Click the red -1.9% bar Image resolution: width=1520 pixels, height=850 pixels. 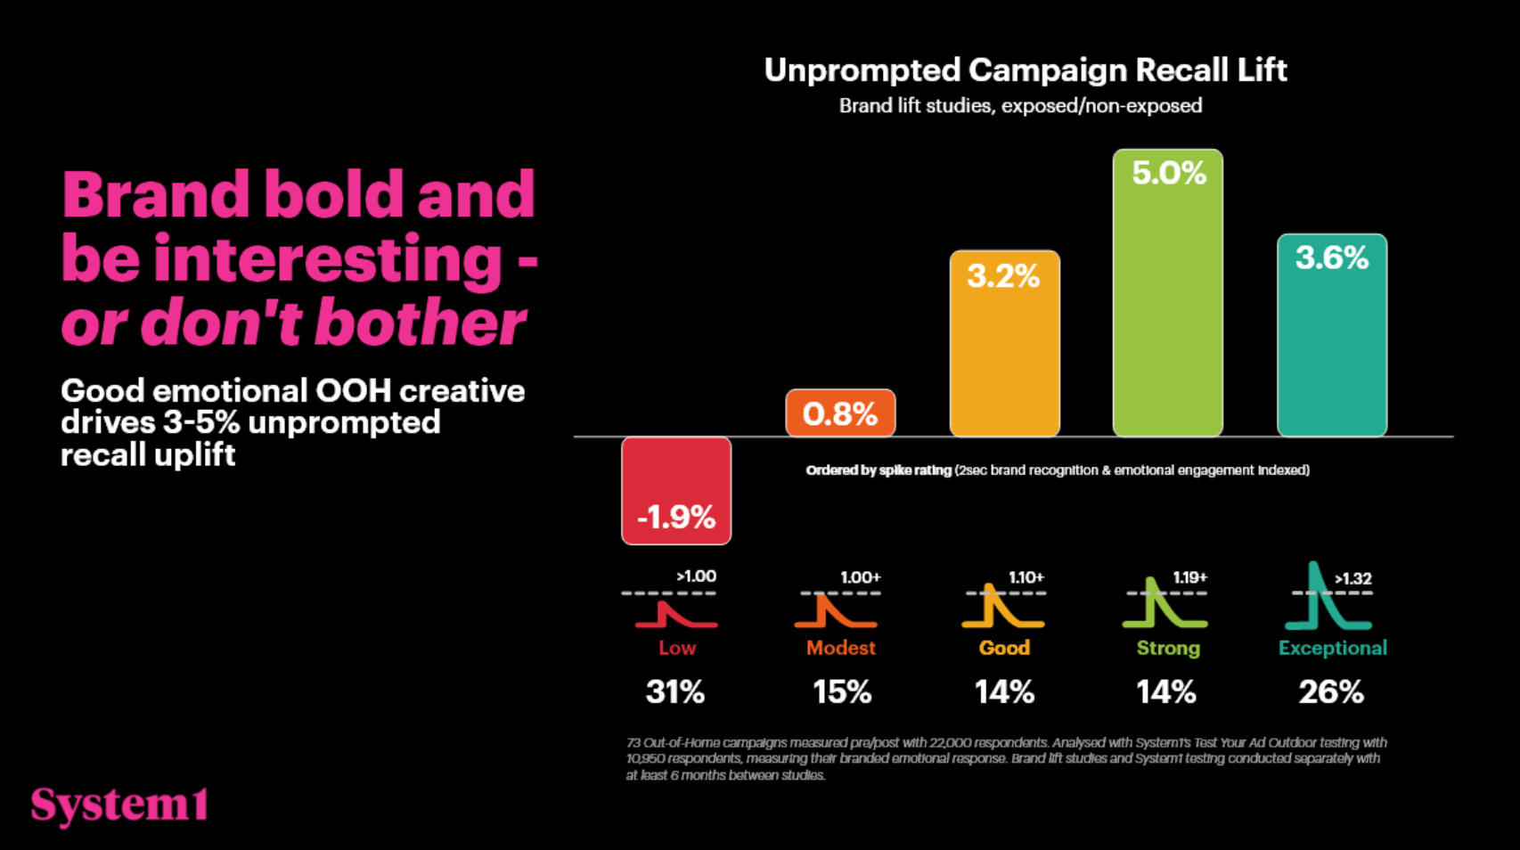pyautogui.click(x=676, y=490)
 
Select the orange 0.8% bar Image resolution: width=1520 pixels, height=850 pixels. pyautogui.click(x=840, y=413)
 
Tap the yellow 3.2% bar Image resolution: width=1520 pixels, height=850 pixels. pyautogui.click(x=1004, y=344)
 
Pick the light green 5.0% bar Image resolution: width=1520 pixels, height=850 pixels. pyautogui.click(x=1167, y=293)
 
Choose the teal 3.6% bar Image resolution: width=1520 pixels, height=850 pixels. pyautogui.click(x=1331, y=335)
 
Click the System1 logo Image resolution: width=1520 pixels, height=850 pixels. pyautogui.click(x=119, y=805)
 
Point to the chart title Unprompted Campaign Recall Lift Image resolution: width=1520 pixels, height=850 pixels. pyautogui.click(x=1025, y=70)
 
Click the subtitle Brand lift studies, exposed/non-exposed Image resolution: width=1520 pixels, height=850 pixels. pyautogui.click(x=1020, y=106)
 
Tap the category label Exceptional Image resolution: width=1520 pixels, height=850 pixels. pyautogui.click(x=1332, y=648)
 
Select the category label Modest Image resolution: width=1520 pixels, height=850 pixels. pyautogui.click(x=840, y=648)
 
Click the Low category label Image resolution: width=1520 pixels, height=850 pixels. pyautogui.click(x=677, y=648)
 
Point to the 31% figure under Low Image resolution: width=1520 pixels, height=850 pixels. pyautogui.click(x=675, y=691)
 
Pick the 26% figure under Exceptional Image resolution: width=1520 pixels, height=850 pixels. pyautogui.click(x=1331, y=691)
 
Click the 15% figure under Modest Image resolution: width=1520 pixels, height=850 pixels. pyautogui.click(x=841, y=691)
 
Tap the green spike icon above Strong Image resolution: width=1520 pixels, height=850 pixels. pyautogui.click(x=1164, y=606)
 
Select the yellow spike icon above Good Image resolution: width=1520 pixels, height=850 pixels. pyautogui.click(x=1001, y=608)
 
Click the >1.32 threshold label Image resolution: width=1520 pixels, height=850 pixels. pyautogui.click(x=1352, y=579)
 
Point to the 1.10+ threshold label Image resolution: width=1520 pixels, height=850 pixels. pyautogui.click(x=1026, y=577)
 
